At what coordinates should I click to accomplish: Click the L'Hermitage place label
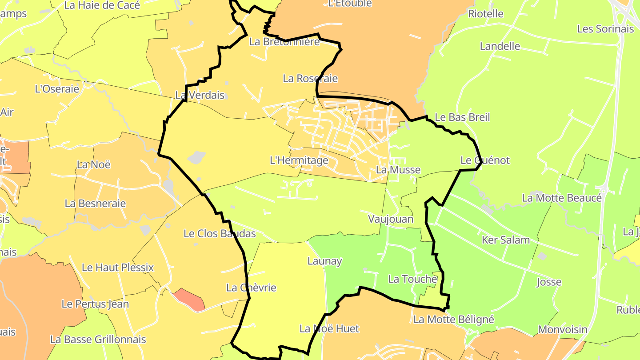299,160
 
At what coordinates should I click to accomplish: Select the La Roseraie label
310,79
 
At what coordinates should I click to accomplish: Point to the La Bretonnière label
284,42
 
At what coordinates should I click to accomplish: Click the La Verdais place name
200,95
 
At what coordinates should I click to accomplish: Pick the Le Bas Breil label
462,117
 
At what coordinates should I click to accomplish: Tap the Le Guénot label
485,160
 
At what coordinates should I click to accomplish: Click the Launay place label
324,261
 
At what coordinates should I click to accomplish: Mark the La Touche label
412,279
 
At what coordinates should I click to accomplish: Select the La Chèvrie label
251,288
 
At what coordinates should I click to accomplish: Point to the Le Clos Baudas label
220,234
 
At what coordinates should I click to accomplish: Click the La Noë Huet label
329,329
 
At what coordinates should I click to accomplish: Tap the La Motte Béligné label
454,320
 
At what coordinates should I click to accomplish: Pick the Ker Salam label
506,240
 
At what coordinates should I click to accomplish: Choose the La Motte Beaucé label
562,198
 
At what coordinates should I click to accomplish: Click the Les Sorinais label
605,29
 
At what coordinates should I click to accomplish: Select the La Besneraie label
95,204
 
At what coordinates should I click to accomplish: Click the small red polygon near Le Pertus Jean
190,299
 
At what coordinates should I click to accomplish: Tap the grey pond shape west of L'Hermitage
196,157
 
